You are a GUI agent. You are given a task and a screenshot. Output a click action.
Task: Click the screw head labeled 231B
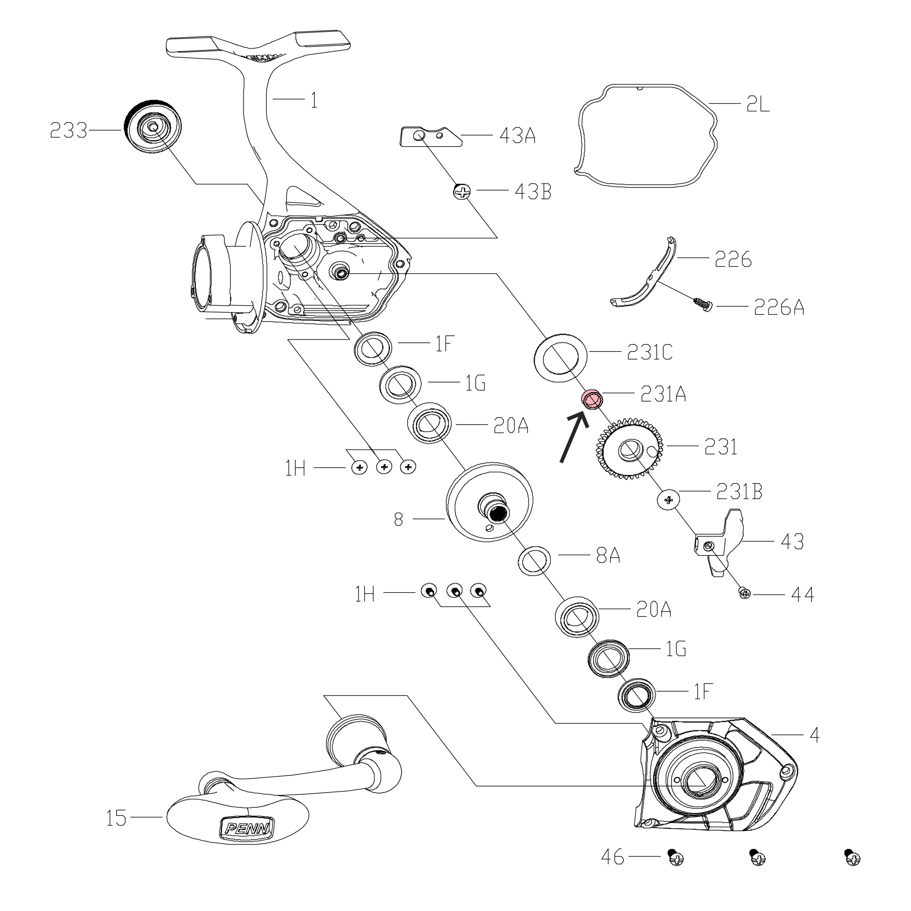(x=668, y=500)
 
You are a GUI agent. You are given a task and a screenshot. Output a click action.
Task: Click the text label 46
(x=613, y=870)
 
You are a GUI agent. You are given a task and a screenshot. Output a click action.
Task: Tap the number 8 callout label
(x=399, y=520)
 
